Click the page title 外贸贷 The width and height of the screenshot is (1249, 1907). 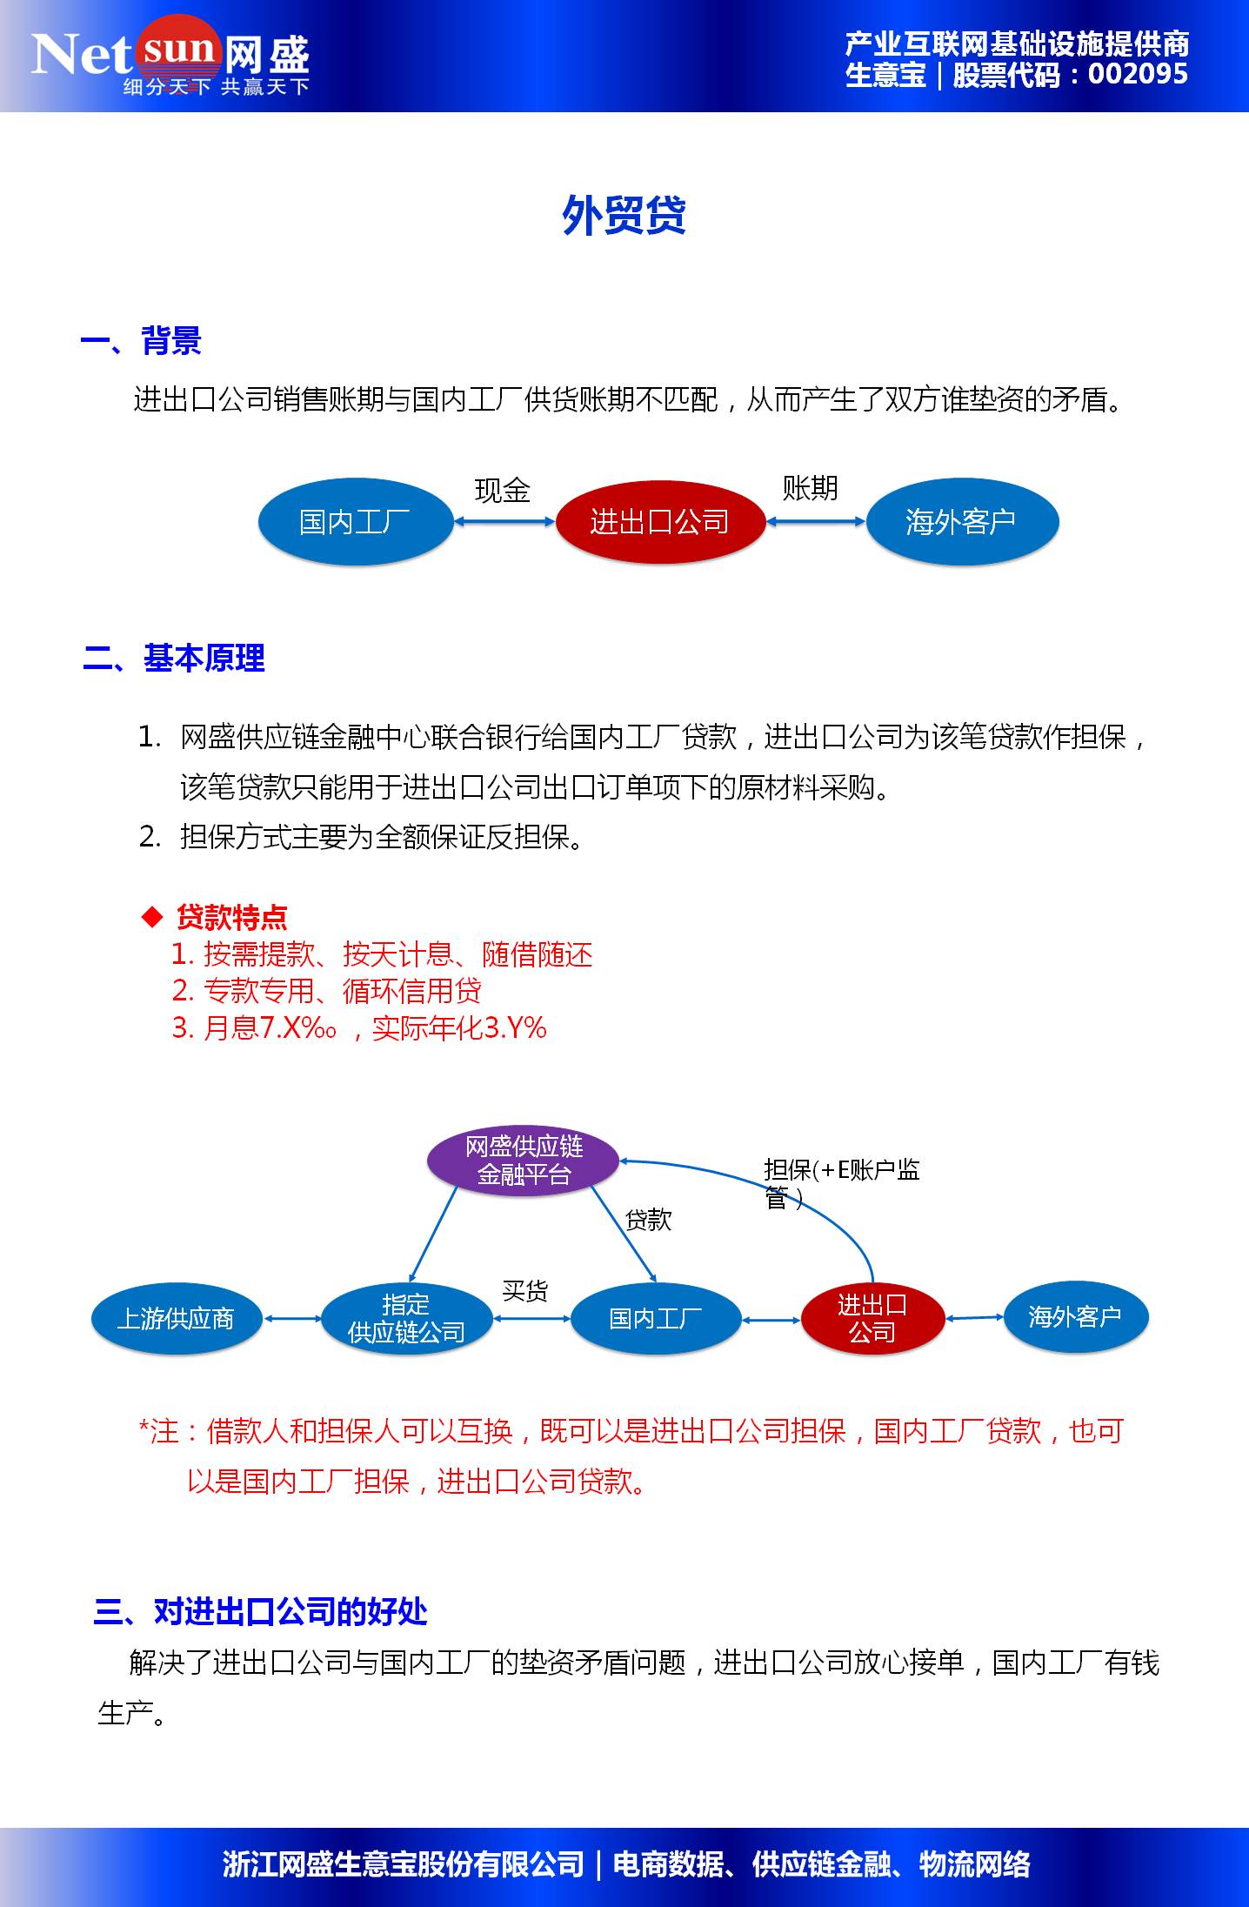(624, 215)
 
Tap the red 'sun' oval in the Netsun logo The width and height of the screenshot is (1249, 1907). (177, 49)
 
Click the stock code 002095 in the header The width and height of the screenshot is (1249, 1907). (1137, 75)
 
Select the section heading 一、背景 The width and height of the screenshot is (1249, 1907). (141, 341)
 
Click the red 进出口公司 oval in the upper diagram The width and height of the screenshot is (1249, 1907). (659, 522)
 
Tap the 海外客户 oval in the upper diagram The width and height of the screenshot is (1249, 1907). (961, 522)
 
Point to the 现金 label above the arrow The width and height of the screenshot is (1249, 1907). (502, 491)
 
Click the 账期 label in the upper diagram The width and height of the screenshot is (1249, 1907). (810, 488)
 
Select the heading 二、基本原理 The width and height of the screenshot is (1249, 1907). (174, 659)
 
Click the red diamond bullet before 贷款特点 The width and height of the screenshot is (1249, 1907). (152, 916)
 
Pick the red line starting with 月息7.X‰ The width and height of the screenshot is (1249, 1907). (359, 1028)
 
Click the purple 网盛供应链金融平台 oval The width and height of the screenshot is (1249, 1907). (524, 1161)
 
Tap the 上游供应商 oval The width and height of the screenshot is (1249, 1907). (176, 1319)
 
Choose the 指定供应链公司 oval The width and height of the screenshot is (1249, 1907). (406, 1319)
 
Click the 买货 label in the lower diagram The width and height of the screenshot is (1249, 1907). (524, 1291)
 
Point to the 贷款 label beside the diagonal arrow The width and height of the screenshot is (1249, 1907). (648, 1220)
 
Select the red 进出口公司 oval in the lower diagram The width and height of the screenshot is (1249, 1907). (872, 1319)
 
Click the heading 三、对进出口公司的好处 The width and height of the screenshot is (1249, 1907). (260, 1612)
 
